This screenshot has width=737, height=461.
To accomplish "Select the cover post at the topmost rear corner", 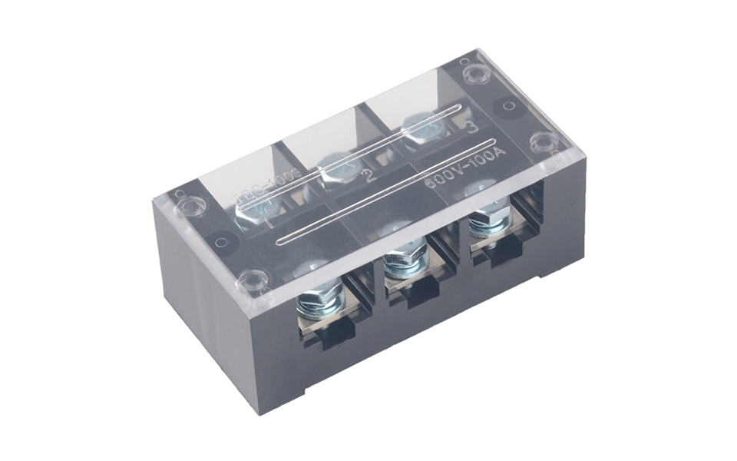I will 474,74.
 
